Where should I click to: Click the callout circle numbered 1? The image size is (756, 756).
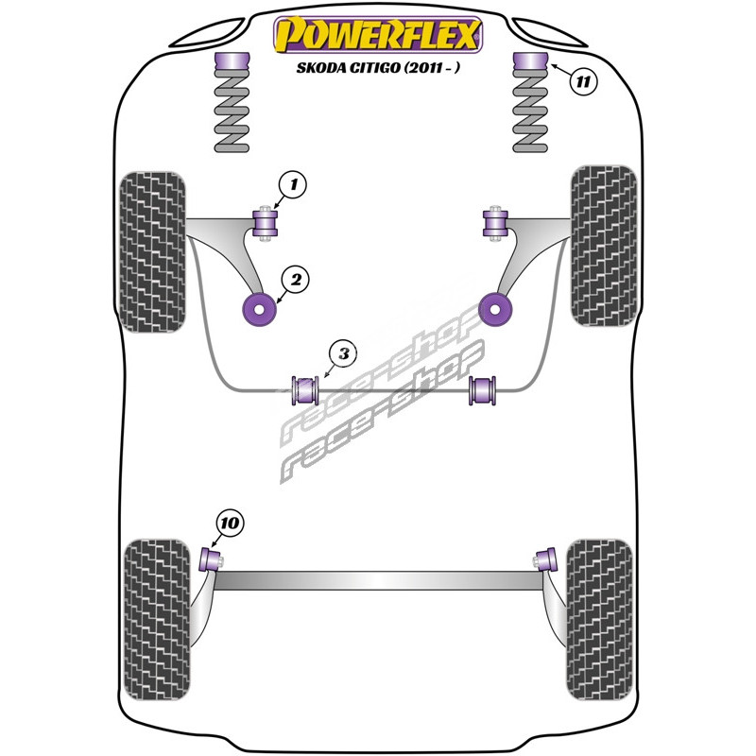tap(293, 187)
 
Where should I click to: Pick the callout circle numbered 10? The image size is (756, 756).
tap(230, 522)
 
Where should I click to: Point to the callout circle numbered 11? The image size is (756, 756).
tap(584, 82)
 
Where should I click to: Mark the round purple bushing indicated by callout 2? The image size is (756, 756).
tap(259, 307)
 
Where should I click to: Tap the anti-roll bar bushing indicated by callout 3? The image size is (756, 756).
tap(304, 388)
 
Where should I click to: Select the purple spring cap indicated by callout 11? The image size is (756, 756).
tap(530, 67)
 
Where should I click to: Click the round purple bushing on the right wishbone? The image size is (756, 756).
tap(495, 307)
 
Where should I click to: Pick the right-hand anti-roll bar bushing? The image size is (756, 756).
tap(483, 388)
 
